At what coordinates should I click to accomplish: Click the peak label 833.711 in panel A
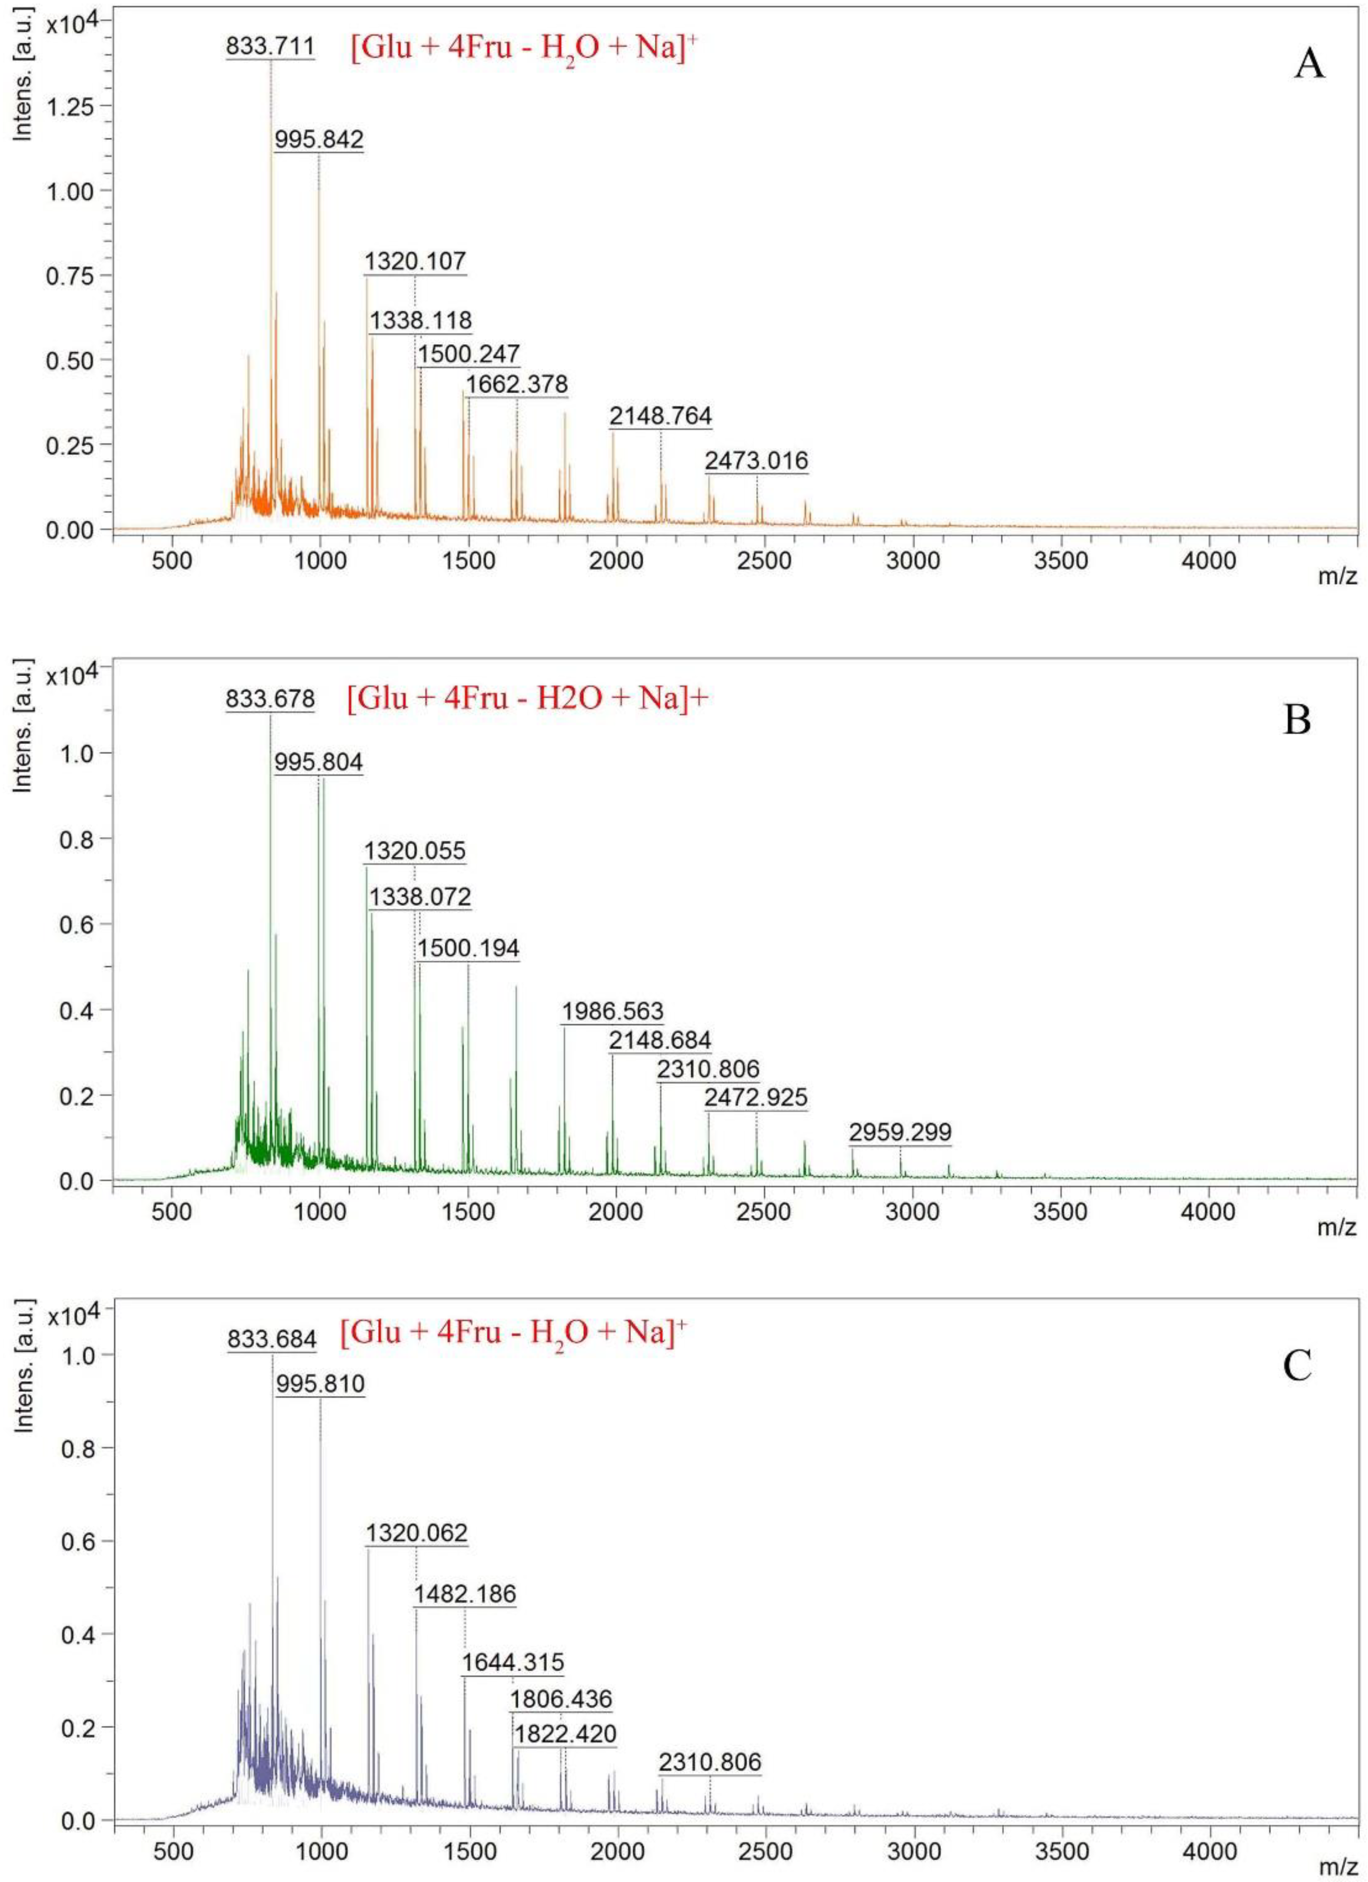click(270, 47)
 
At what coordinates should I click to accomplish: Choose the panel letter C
click(1296, 1366)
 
